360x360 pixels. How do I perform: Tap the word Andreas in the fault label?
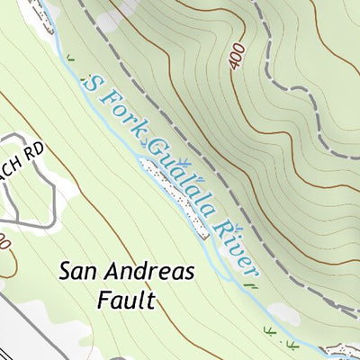[149, 271]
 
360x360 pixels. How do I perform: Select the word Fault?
[125, 299]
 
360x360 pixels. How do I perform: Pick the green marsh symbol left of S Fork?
[69, 60]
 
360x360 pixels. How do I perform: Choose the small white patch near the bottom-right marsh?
[281, 312]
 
